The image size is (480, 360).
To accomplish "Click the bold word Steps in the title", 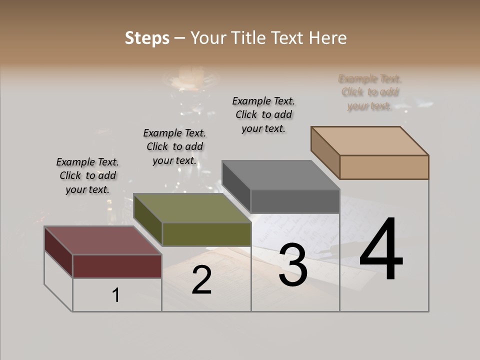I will [x=147, y=38].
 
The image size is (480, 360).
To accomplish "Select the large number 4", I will [x=381, y=250].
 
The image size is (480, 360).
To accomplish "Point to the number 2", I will [x=201, y=280].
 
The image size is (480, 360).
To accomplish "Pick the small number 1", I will [x=115, y=295].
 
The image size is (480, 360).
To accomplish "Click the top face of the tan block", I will [x=369, y=140].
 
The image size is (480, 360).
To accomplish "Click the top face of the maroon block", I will [x=102, y=240].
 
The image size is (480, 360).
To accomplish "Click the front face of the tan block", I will [x=384, y=167].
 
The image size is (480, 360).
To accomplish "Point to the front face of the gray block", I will [x=295, y=201].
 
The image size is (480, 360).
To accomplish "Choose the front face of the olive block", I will [x=206, y=234].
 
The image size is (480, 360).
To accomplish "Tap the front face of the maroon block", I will [x=117, y=266].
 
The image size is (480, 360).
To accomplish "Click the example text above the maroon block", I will [x=87, y=175].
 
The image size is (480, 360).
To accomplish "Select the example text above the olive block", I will [x=174, y=146].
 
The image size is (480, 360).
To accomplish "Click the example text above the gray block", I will [x=263, y=114].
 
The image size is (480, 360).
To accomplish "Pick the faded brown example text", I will [x=369, y=92].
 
